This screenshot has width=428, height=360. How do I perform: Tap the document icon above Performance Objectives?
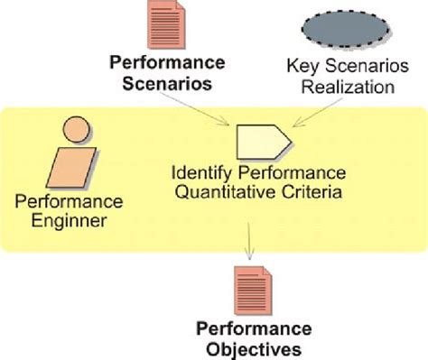point(248,288)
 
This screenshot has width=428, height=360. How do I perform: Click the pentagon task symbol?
point(262,141)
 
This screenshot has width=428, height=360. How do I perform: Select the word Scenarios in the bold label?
point(160,85)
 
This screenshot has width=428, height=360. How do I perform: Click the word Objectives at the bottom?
point(248,346)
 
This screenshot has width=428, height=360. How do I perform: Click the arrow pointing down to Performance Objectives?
point(248,242)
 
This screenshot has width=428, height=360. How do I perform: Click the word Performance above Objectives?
point(248,328)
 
